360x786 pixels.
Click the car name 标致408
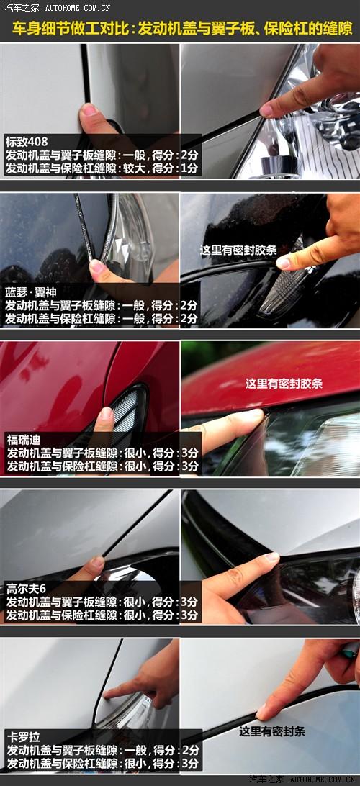click(26, 142)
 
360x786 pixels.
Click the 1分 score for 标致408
click(189, 168)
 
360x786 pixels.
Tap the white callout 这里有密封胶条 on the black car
click(238, 250)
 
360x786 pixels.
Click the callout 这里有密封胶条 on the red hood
click(284, 384)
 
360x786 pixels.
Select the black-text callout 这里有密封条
click(271, 731)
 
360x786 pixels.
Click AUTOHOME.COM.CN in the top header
click(78, 8)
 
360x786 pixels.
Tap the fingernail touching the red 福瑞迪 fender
click(106, 413)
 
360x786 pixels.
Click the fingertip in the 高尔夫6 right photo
click(271, 557)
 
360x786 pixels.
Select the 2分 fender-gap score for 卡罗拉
click(190, 751)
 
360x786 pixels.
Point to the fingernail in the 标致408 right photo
click(266, 110)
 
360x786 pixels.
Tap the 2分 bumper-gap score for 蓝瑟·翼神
click(189, 318)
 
